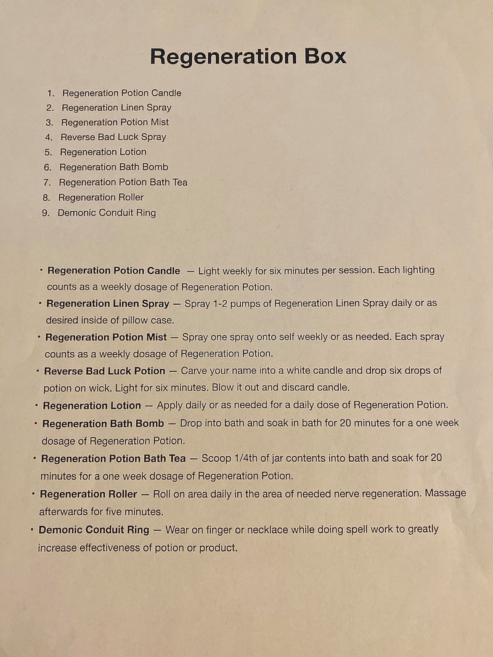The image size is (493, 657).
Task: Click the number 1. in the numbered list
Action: tap(51, 93)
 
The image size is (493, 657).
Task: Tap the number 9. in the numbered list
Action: tap(46, 213)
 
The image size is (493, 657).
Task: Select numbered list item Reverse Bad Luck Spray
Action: tap(113, 137)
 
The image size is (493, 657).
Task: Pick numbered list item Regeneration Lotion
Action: tap(103, 152)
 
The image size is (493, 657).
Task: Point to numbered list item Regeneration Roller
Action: tap(100, 198)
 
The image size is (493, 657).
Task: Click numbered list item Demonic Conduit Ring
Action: tap(107, 213)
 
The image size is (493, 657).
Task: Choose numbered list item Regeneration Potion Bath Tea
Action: tap(123, 182)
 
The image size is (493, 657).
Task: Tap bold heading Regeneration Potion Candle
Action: tap(113, 271)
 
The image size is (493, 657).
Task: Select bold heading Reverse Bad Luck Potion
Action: tap(104, 371)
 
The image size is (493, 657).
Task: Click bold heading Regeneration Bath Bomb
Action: tap(103, 424)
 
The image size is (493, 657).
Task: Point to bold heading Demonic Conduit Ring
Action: tap(94, 530)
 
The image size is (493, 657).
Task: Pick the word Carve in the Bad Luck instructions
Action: tap(194, 371)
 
